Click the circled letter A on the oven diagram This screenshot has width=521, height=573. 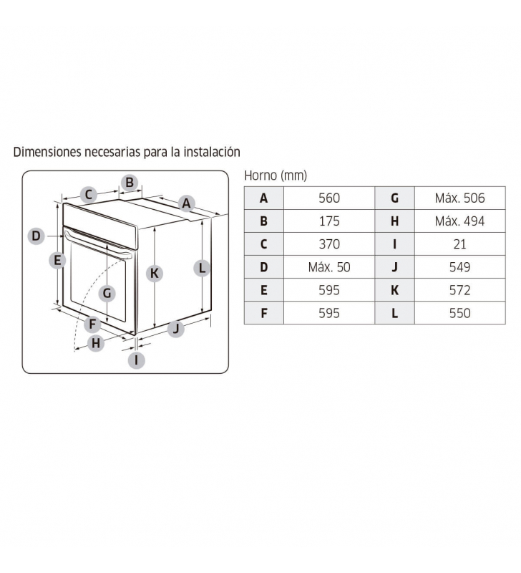point(186,203)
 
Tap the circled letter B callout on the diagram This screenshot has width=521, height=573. point(130,182)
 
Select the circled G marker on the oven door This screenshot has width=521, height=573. point(107,293)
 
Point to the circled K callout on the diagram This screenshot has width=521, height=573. point(155,274)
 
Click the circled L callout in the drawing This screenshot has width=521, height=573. point(202,268)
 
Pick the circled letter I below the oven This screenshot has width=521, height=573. point(137,360)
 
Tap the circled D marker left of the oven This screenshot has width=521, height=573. point(36,236)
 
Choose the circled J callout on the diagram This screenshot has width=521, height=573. point(176,329)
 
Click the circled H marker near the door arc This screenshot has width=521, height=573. point(96,343)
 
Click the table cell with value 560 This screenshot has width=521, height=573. point(329,198)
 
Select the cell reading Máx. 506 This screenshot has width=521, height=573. point(459,198)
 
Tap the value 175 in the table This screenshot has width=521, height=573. point(329,221)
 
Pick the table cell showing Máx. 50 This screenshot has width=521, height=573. point(329,267)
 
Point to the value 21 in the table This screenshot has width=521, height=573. point(459,244)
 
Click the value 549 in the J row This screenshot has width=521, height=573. point(459,267)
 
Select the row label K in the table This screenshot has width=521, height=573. point(394,290)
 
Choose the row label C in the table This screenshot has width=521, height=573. point(263,244)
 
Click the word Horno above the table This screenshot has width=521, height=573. point(260,175)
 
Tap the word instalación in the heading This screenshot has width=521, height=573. point(212,152)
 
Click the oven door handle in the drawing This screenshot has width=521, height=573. point(98,243)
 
